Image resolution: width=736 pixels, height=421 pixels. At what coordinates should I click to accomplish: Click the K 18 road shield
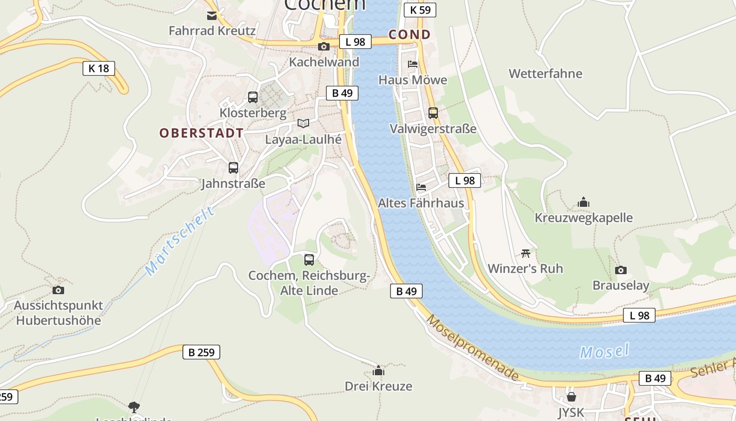click(98, 68)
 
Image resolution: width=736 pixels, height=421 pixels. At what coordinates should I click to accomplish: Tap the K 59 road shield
click(420, 9)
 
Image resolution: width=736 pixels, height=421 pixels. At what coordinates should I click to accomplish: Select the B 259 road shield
click(201, 352)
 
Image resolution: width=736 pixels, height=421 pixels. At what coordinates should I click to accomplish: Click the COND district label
click(410, 35)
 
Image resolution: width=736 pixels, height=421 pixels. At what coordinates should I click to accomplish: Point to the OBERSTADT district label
click(201, 133)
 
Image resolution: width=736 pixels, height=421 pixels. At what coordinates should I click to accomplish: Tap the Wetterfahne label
click(545, 74)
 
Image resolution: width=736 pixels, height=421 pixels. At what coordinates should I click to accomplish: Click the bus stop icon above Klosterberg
click(253, 97)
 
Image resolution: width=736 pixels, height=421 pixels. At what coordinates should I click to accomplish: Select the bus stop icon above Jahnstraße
click(233, 168)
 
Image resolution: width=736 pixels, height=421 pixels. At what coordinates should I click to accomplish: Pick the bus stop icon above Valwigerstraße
click(433, 113)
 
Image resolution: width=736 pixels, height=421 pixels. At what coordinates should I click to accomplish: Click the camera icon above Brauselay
click(621, 270)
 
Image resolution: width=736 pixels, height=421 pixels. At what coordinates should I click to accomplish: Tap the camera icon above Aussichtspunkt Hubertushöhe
click(58, 290)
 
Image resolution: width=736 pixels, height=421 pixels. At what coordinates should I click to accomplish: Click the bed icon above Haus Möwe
click(413, 64)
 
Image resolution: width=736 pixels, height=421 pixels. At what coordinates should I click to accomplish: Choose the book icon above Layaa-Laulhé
click(303, 123)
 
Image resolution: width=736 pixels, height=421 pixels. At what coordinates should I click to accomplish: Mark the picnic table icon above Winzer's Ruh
click(525, 253)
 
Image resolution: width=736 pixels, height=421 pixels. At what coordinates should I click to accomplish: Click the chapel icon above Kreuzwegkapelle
click(584, 202)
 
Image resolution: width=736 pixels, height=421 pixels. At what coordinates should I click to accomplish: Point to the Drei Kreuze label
click(379, 386)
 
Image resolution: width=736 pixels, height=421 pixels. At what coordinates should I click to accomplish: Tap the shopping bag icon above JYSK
click(571, 396)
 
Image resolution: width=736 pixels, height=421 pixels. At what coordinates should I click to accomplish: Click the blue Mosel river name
click(604, 351)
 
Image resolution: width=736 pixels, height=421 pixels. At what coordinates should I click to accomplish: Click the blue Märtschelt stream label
click(180, 241)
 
